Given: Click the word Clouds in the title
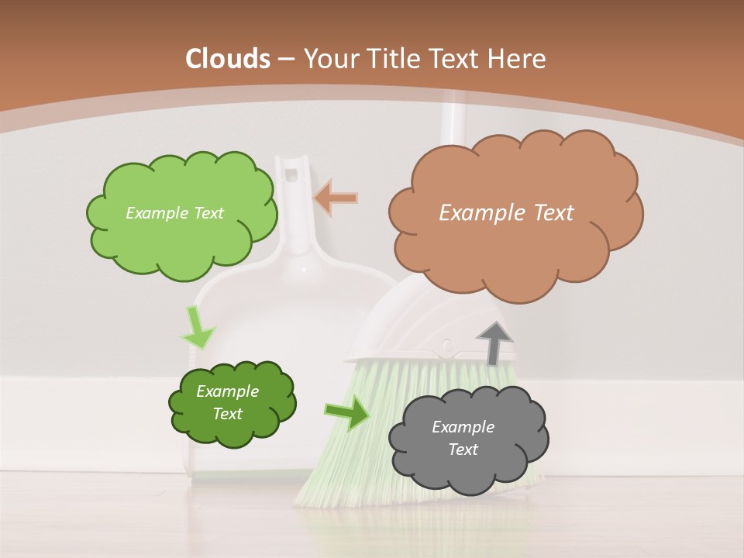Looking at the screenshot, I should point(228,59).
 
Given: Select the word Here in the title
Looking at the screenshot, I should point(518,59).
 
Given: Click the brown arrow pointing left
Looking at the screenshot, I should point(336,198).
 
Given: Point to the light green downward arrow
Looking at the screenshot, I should point(198,327).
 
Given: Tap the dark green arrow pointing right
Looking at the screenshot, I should point(347,413).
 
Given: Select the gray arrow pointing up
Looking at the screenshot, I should point(494,343).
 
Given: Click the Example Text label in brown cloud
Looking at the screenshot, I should point(506,212).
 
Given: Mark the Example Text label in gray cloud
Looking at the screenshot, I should point(463,438).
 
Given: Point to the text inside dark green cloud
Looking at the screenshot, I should point(228,402).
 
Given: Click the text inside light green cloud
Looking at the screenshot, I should point(174,212).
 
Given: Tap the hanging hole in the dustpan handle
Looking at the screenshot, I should point(292,172).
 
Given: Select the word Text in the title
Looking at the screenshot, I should point(460,59).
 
